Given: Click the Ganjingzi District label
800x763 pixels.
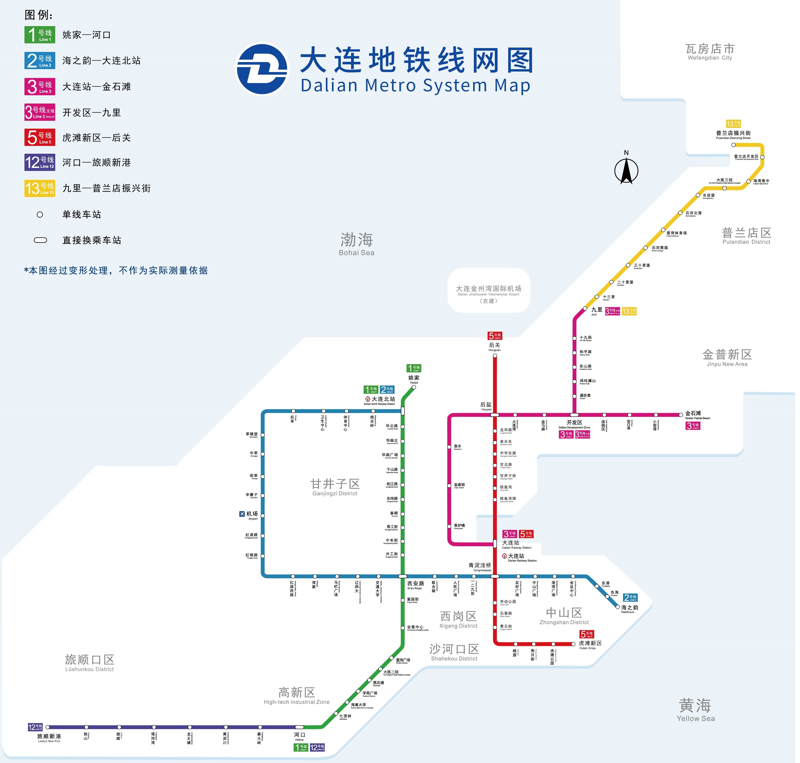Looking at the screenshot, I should pos(335,487).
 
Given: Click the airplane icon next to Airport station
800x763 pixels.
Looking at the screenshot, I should pos(242,514).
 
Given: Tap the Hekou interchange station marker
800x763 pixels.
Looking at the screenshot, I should pos(299,727).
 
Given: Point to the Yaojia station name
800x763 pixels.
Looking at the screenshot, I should pos(414,379).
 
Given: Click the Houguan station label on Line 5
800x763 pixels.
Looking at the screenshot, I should pos(494,346).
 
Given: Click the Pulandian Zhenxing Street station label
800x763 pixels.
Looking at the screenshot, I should pos(733,135).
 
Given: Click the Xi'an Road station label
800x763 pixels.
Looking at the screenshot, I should pos(415,585).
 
